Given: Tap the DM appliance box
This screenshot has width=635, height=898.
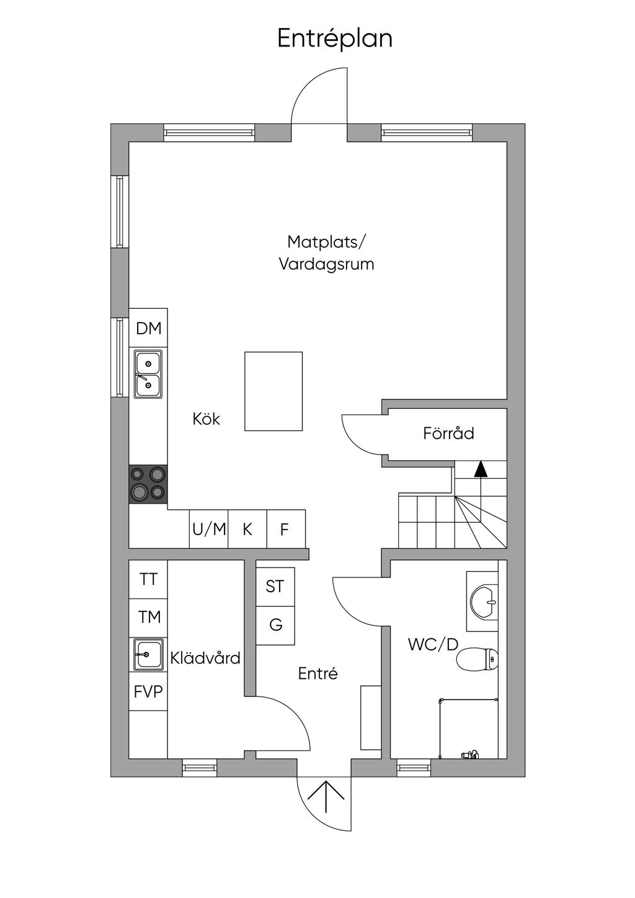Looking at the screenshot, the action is click(148, 327).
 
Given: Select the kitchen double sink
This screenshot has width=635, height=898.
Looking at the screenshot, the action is click(148, 375).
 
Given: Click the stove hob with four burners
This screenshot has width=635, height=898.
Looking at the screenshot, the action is click(148, 484).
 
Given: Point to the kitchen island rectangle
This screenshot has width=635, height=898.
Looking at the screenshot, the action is click(273, 391).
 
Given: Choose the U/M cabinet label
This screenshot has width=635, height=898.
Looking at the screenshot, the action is click(209, 529).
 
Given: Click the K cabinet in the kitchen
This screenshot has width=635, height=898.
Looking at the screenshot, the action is click(247, 529).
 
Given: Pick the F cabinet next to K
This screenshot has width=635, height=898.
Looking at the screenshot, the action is click(286, 529).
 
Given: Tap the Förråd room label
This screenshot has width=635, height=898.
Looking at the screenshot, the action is click(448, 433).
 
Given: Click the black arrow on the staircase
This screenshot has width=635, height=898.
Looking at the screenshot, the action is click(481, 469).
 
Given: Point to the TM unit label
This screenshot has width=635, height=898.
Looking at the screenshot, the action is click(149, 617).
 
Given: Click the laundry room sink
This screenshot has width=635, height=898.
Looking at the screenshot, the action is click(148, 654).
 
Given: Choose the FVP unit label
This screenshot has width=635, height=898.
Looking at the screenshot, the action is click(148, 691).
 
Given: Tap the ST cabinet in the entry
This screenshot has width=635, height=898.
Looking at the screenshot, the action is click(275, 587).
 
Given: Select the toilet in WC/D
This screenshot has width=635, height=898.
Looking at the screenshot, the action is click(477, 659).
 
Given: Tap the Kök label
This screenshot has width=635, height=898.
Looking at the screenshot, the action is click(206, 419).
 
